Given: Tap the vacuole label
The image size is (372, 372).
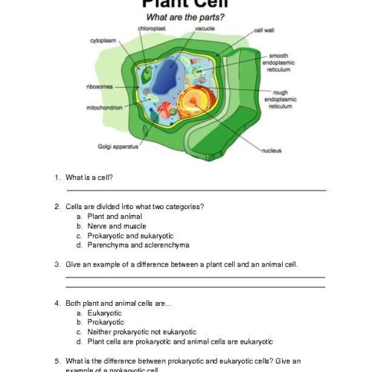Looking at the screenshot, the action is click(205, 28).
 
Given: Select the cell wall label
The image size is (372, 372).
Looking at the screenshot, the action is click(264, 31).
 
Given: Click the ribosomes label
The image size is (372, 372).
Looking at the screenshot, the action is click(99, 87).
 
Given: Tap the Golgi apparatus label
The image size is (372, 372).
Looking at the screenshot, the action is click(119, 147).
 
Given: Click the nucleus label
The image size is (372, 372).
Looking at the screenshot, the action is click(272, 150).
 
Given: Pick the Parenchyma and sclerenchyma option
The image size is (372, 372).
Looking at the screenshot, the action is click(127, 245).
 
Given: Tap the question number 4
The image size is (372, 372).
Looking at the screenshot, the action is click(57, 303).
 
